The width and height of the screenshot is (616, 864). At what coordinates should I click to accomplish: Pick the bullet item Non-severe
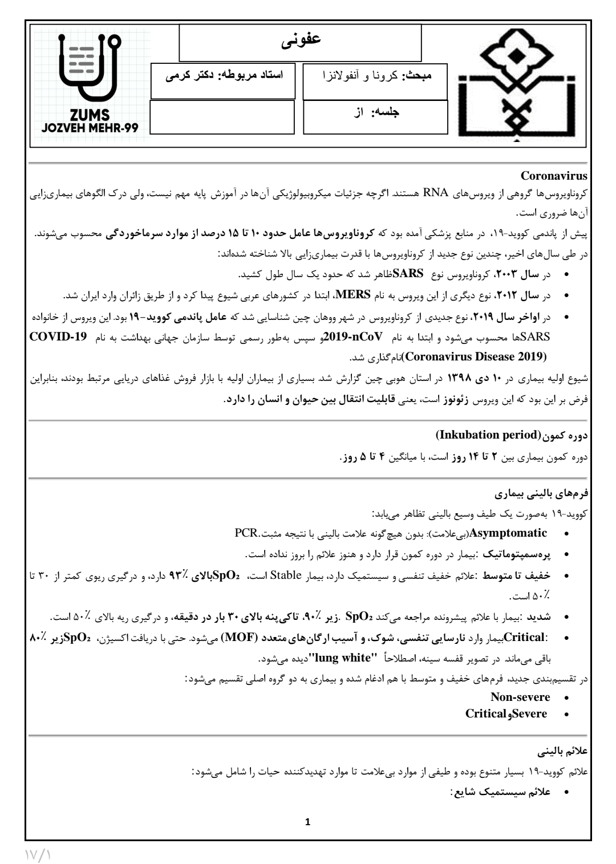click(x=520, y=697)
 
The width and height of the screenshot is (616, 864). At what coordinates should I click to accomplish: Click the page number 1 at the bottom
click(x=308, y=822)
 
